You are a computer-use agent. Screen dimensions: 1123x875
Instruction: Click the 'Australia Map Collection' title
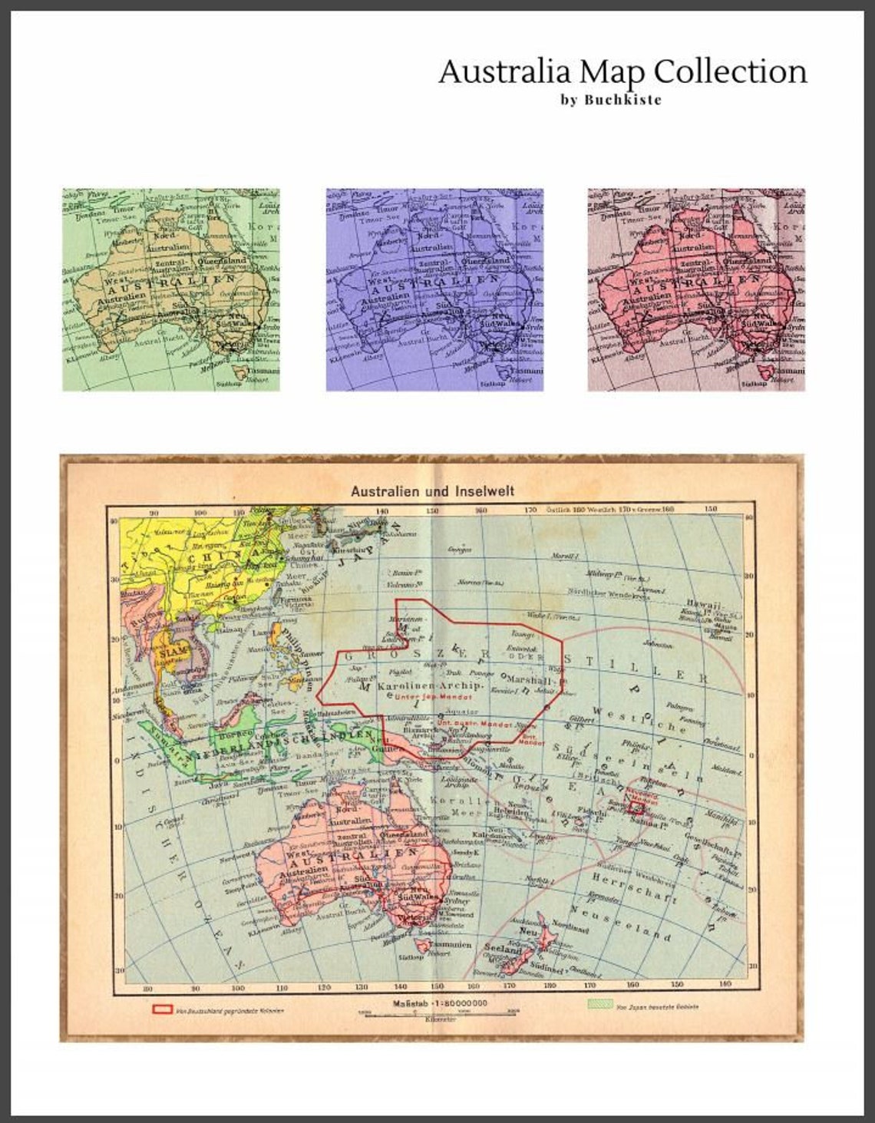click(x=622, y=71)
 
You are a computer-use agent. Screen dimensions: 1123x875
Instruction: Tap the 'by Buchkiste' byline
click(x=611, y=99)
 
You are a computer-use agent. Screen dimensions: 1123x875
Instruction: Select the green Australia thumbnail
click(x=171, y=289)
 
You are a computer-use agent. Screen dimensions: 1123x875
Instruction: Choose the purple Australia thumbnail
click(x=434, y=289)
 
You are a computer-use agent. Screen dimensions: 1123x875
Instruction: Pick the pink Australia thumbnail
click(x=696, y=289)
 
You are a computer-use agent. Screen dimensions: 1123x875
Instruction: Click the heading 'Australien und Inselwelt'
click(x=432, y=490)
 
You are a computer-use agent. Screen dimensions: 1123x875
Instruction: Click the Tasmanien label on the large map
click(x=451, y=943)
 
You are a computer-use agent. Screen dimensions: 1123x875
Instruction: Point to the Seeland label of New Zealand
click(x=502, y=950)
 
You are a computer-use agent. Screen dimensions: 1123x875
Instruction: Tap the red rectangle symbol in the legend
click(x=162, y=1008)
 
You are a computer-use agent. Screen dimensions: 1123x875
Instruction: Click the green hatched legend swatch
click(x=599, y=1005)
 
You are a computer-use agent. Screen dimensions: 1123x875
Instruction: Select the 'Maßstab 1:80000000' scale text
click(x=439, y=1003)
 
